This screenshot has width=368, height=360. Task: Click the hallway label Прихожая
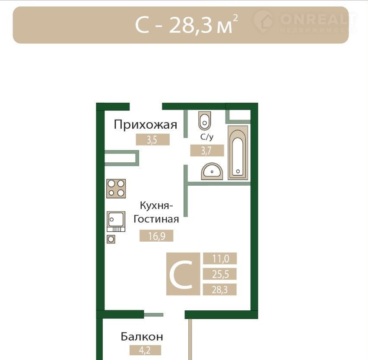pyautogui.click(x=145, y=125)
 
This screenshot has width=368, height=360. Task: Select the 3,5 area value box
pyautogui.click(x=153, y=140)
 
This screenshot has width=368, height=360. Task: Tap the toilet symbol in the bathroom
pyautogui.click(x=205, y=120)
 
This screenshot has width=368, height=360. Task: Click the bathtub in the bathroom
pyautogui.click(x=238, y=153)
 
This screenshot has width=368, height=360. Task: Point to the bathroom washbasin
pyautogui.click(x=212, y=171)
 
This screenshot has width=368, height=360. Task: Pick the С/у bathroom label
pyautogui.click(x=207, y=137)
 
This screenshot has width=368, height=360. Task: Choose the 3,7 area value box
pyautogui.click(x=207, y=151)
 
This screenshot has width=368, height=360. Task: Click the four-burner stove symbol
pyautogui.click(x=116, y=189)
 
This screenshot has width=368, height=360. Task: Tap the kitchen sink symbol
pyautogui.click(x=116, y=221)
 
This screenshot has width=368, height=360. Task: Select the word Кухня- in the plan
pyautogui.click(x=156, y=205)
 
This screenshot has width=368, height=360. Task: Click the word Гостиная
pyautogui.click(x=156, y=219)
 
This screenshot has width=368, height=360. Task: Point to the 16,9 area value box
pyautogui.click(x=156, y=236)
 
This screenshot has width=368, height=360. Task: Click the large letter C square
pyautogui.click(x=183, y=274)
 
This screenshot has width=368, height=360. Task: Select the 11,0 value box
pyautogui.click(x=220, y=259)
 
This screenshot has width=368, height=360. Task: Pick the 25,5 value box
pyautogui.click(x=220, y=274)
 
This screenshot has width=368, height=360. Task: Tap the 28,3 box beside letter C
pyautogui.click(x=220, y=289)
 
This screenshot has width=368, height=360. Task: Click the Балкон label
pyautogui.click(x=142, y=337)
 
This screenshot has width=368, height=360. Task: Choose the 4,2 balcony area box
pyautogui.click(x=145, y=350)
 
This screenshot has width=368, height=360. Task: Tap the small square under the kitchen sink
pyautogui.click(x=111, y=239)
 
